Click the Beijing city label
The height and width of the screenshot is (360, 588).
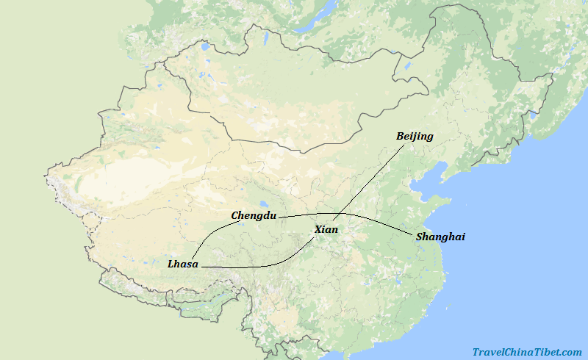click(x=415, y=136)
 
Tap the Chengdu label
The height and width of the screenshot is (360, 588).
click(x=254, y=215)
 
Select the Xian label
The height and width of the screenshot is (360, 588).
click(x=326, y=230)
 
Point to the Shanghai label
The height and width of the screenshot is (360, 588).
click(x=440, y=237)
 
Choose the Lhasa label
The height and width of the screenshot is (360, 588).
click(x=183, y=264)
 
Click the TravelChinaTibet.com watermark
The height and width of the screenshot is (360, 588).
click(x=527, y=352)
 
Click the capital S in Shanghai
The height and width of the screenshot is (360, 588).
click(x=420, y=237)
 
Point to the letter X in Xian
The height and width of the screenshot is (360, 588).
click(x=318, y=230)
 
